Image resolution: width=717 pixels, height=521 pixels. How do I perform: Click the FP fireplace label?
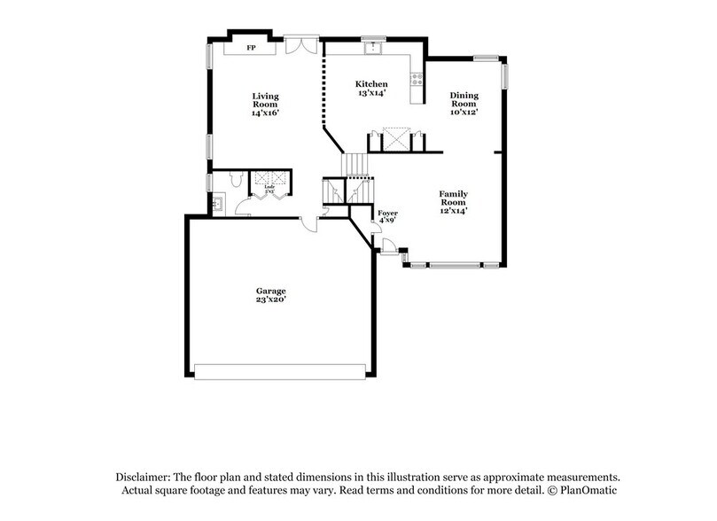click(x=251, y=46)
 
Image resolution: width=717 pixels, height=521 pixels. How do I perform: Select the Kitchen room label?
click(x=372, y=83)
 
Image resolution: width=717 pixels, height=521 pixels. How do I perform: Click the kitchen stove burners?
click(x=416, y=81)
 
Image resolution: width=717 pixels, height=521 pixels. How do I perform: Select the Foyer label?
click(x=387, y=214)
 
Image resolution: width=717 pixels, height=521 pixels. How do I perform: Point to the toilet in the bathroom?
click(x=234, y=180)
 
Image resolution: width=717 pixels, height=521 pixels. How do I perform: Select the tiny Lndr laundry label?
click(x=269, y=188)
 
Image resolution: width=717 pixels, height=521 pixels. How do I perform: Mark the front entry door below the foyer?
click(x=389, y=245)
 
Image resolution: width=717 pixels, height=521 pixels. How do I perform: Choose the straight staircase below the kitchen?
click(x=355, y=164)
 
